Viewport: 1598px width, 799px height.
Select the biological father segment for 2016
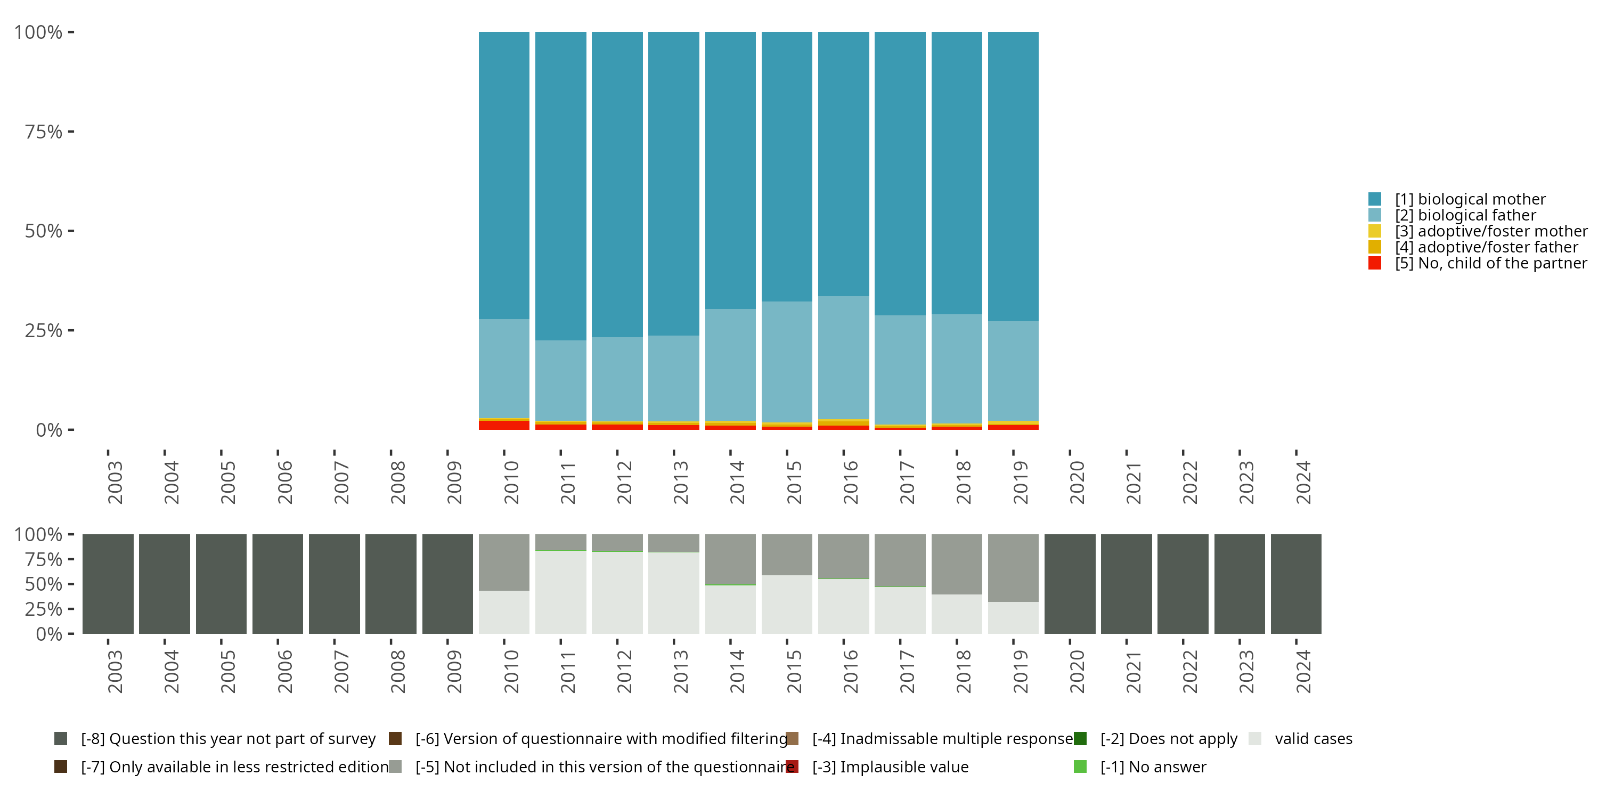tap(843, 357)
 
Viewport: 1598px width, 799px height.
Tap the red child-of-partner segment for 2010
tap(504, 425)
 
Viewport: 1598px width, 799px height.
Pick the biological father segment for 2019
tap(1013, 370)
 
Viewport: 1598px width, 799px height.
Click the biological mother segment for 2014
tap(730, 170)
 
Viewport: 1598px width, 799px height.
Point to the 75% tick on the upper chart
tap(71, 132)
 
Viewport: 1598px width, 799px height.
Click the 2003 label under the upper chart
tap(115, 482)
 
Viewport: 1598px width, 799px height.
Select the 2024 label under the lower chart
tap(1303, 671)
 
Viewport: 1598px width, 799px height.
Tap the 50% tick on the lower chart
tap(71, 584)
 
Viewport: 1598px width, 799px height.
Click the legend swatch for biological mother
tap(1375, 199)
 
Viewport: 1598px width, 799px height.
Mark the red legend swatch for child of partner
tap(1375, 263)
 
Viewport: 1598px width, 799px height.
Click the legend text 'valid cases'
tap(1313, 739)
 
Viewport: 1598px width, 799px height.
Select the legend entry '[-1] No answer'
tap(1153, 767)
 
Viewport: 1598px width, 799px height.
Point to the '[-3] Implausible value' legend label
tap(890, 767)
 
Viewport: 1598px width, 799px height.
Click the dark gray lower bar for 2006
tap(278, 584)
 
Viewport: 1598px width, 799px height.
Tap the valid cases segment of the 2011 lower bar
tap(560, 592)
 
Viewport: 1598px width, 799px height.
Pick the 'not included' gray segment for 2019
tap(1013, 568)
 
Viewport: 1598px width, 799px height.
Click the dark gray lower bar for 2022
tap(1183, 584)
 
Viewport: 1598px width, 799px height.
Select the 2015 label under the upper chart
tap(794, 482)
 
